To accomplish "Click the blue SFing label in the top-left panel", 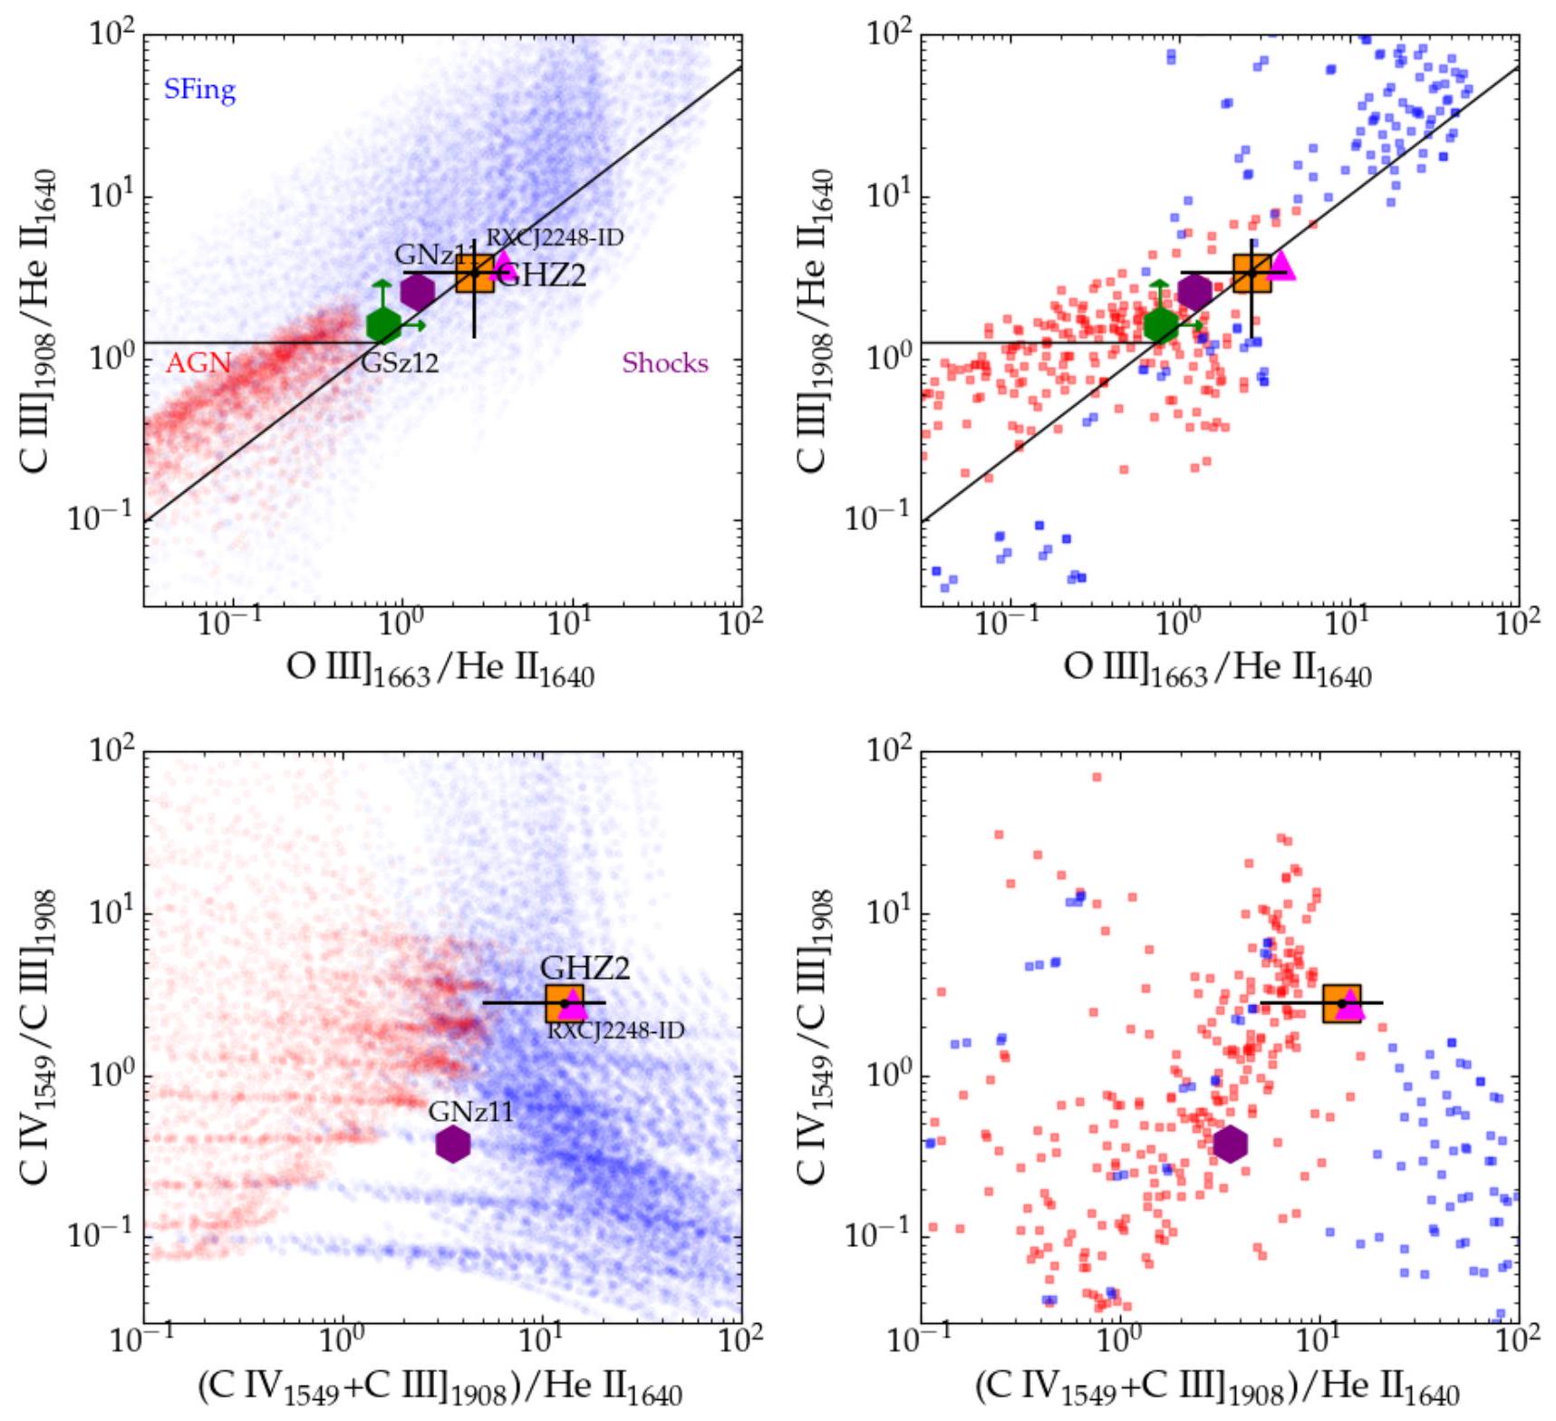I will coord(199,90).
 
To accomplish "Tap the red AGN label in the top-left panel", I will coord(198,363).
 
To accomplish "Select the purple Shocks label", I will coord(664,363).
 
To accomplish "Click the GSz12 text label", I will coord(400,363).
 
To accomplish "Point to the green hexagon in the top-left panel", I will coord(383,324).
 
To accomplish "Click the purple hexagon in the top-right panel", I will coord(1194,292).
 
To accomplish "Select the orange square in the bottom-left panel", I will coord(565,1003).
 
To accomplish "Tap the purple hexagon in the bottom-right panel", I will coord(1230,1144).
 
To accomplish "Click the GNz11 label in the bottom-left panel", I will coord(470,1111).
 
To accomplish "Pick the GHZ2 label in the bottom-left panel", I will coord(585,968).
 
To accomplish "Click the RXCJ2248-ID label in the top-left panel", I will coord(555,238).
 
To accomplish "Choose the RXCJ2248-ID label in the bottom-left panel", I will coord(615,1030).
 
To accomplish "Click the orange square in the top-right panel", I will coord(1252,273).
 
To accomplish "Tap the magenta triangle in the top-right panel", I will coord(1281,265).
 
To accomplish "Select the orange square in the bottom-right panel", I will coord(1341,1003).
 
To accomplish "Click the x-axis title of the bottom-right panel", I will coord(1217,1387).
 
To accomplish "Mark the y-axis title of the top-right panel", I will coord(814,321).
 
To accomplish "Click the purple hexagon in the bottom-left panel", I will coord(452,1144).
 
